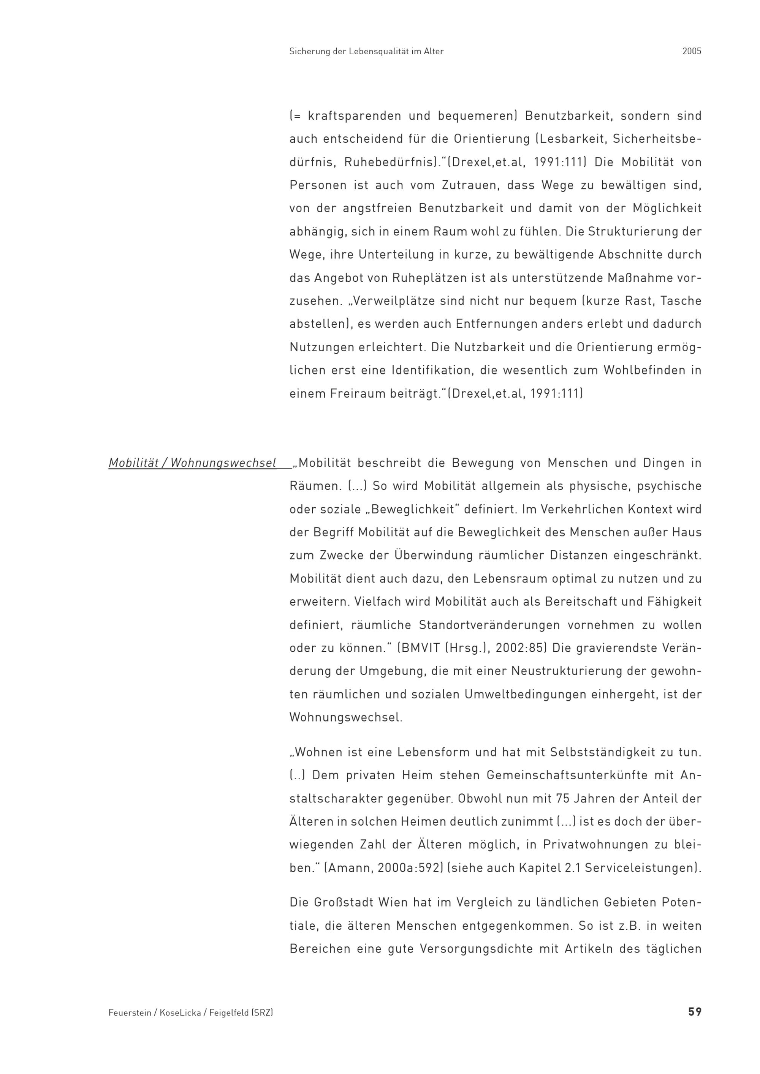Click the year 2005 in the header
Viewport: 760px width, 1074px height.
click(x=692, y=51)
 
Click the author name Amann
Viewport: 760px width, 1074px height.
click(x=348, y=868)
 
